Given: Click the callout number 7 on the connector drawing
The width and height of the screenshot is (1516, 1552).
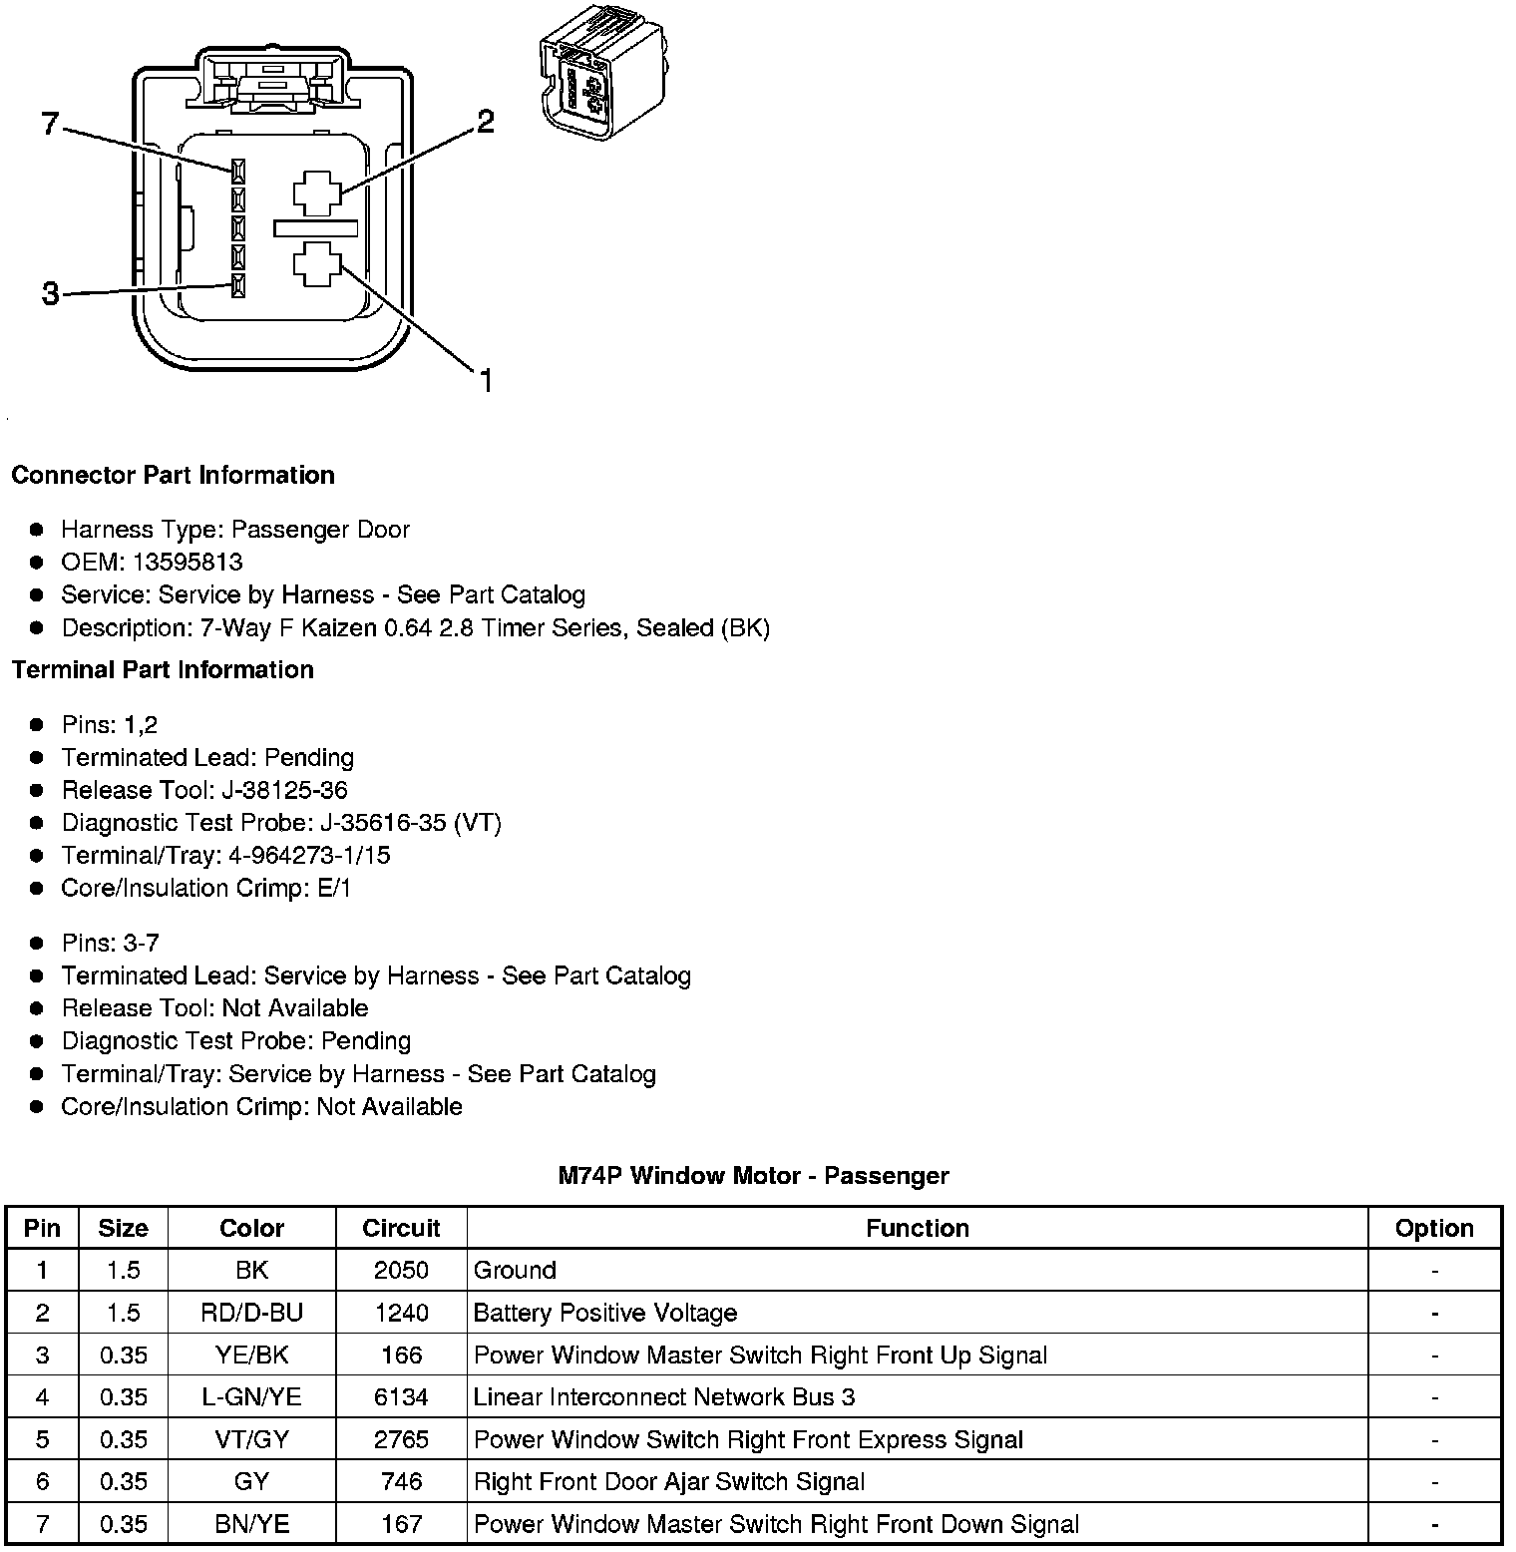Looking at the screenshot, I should pyautogui.click(x=50, y=125).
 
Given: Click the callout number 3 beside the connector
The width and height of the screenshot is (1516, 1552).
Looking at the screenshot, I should pyautogui.click(x=50, y=294).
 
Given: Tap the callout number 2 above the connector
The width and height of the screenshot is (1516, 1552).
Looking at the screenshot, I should pyautogui.click(x=485, y=122).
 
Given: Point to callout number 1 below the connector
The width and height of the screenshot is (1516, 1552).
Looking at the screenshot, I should pyautogui.click(x=486, y=381).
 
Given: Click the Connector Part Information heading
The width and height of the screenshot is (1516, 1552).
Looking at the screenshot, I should pyautogui.click(x=173, y=475).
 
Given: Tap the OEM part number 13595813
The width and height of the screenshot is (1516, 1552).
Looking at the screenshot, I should pyautogui.click(x=188, y=562).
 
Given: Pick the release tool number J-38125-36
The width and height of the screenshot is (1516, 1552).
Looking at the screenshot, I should pyautogui.click(x=284, y=790).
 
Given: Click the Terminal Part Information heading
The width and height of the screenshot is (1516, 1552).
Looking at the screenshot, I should pyautogui.click(x=163, y=669).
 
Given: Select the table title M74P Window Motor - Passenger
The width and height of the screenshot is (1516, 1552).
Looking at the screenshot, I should pyautogui.click(x=753, y=1176).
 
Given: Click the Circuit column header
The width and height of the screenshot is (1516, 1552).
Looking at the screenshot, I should pyautogui.click(x=401, y=1228).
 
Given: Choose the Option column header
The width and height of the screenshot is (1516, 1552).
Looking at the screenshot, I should pyautogui.click(x=1434, y=1228).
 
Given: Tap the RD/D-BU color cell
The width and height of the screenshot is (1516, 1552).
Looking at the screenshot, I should pyautogui.click(x=251, y=1313).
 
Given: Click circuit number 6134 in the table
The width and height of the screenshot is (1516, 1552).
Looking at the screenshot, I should pyautogui.click(x=401, y=1396).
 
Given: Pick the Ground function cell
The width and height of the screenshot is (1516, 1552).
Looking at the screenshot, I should pyautogui.click(x=515, y=1270).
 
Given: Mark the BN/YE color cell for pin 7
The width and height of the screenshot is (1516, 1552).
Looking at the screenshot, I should pyautogui.click(x=251, y=1524).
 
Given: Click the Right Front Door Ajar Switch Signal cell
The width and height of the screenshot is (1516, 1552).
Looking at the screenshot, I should pyautogui.click(x=669, y=1481).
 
